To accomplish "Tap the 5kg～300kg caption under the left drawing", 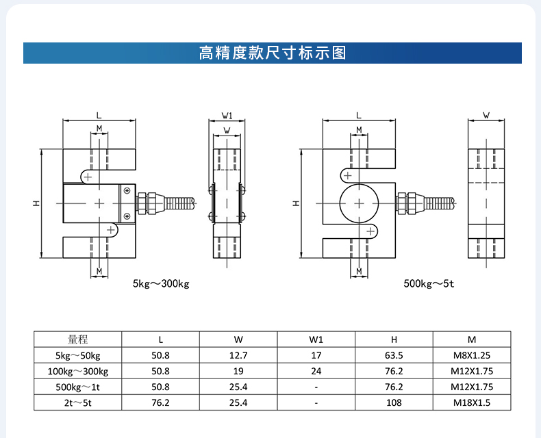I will [x=161, y=283].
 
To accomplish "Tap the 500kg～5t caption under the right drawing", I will [x=429, y=283].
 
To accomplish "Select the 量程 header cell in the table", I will [x=78, y=339].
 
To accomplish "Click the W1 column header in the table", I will [x=316, y=339].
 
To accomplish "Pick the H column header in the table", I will [x=394, y=339].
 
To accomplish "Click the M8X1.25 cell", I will [x=472, y=355].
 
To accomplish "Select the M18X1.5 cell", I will [x=472, y=402].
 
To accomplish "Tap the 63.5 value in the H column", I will [x=394, y=355].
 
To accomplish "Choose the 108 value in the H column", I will [x=394, y=402].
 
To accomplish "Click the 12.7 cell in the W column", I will [x=238, y=355].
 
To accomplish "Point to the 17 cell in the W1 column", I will [x=316, y=355].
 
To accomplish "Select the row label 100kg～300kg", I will [x=78, y=371].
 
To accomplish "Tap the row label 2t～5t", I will [x=78, y=402].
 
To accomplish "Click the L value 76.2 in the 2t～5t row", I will [x=160, y=402].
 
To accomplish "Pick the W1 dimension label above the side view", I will [x=227, y=115].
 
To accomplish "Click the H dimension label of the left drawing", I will [x=37, y=203].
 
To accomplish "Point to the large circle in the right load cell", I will [x=358, y=203].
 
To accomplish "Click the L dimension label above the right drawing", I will [x=358, y=115].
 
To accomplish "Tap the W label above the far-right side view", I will [x=486, y=115].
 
